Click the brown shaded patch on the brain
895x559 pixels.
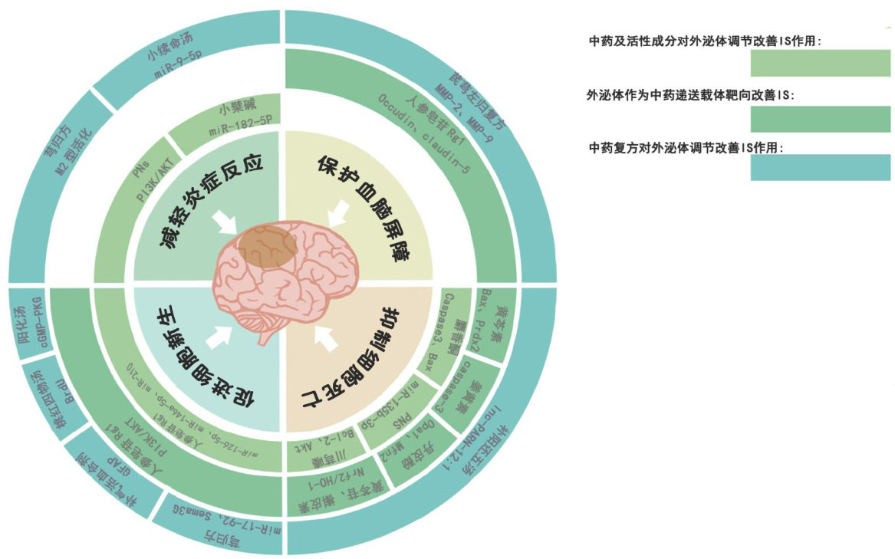262,245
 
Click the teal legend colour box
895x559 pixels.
820,167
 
